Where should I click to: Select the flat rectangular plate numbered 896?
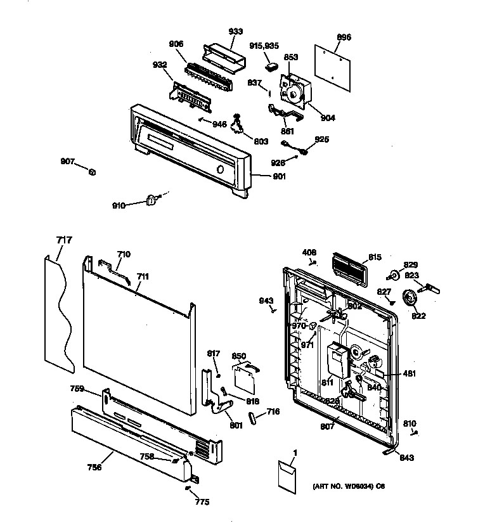point(333,65)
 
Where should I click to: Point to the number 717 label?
point(64,240)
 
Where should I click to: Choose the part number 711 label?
point(143,276)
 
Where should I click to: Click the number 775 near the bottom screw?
point(202,501)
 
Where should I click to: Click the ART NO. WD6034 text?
point(348,487)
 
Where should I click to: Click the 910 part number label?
point(119,205)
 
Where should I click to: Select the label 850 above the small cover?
point(238,356)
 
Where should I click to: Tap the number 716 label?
point(273,412)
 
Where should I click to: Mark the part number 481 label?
point(410,373)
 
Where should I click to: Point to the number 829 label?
point(411,264)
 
